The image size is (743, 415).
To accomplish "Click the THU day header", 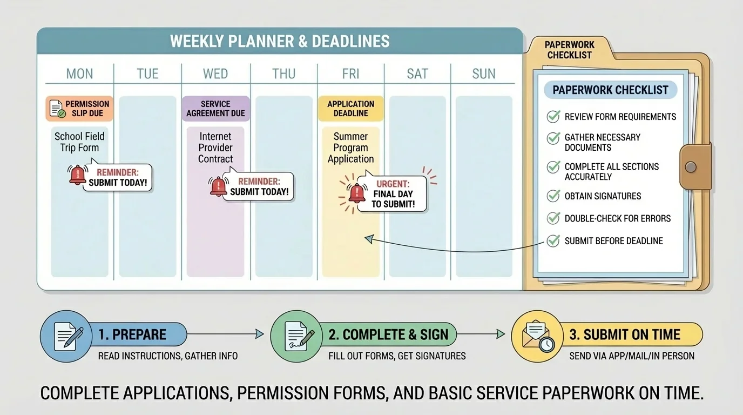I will (283, 73).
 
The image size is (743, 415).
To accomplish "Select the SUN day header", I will (483, 73).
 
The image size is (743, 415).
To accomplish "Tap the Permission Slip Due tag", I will (79, 109).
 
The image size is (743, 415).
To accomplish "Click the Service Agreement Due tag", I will (215, 109).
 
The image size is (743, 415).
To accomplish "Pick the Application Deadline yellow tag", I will (350, 109).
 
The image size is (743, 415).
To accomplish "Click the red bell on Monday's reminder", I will (78, 175).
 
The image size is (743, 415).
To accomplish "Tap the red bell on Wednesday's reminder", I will (218, 186).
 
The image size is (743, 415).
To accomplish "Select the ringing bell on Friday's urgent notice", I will (357, 192).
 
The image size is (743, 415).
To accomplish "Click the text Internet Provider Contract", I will (215, 148).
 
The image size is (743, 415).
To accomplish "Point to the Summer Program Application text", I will (350, 148).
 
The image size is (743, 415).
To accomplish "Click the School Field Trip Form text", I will (79, 142).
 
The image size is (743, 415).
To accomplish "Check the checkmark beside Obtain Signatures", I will (553, 196).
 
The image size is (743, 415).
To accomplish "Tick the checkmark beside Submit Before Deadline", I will (553, 240).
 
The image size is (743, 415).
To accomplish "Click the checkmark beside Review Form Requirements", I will (553, 116).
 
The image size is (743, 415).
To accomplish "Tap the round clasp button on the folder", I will (691, 166).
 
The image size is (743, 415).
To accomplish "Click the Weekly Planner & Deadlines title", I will (280, 41).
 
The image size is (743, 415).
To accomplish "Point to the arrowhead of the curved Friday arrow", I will (368, 238).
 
